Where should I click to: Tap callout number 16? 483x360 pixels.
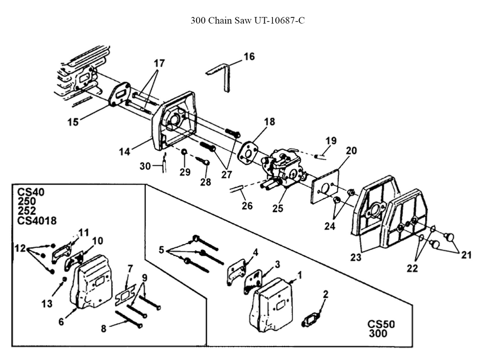249,57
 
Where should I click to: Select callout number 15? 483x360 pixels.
73,122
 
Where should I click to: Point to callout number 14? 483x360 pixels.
125,152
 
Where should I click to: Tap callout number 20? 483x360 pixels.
351,151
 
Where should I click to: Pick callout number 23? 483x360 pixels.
356,258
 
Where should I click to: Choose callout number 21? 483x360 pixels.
466,255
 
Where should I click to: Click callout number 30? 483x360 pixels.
145,166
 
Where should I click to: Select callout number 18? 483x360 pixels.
270,122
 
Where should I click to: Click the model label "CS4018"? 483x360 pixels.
37,221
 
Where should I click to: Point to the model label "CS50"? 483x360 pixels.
381,324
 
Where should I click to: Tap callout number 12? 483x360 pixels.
20,248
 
